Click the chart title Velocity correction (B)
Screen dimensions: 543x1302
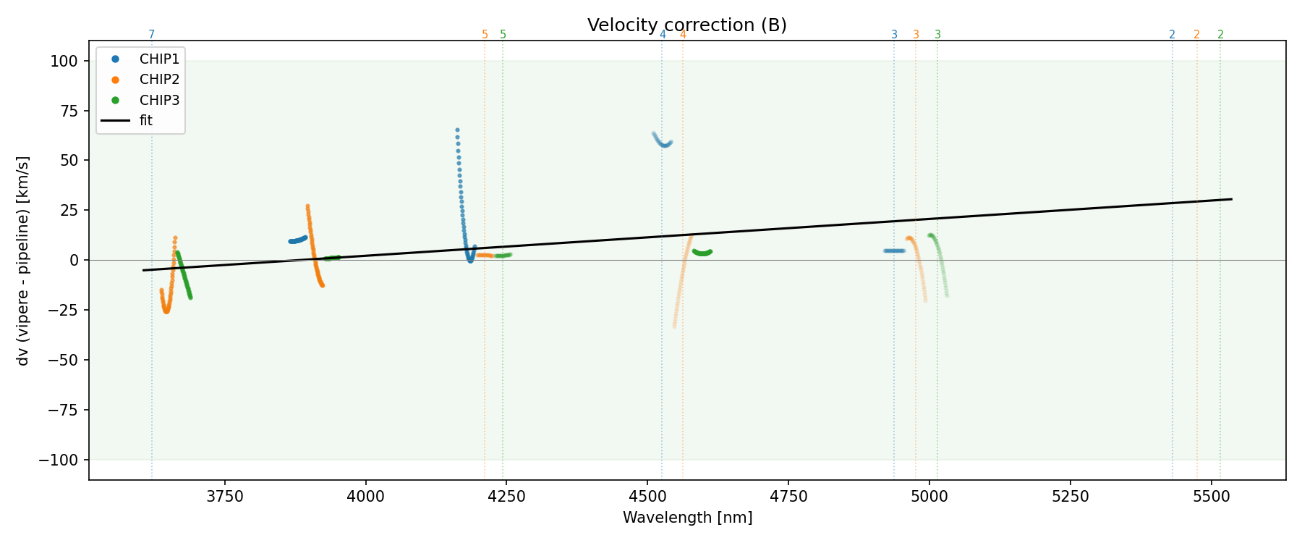(x=686, y=25)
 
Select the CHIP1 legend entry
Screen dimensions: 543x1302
(x=159, y=59)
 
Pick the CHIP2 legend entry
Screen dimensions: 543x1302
(x=159, y=80)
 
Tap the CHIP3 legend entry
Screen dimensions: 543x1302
(x=159, y=100)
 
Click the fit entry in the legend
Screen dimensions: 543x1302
(x=146, y=121)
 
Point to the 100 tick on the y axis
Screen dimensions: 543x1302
(x=64, y=62)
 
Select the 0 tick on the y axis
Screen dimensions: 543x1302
(x=73, y=261)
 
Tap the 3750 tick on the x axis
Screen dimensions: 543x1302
(x=225, y=497)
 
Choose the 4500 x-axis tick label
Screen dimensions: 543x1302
(x=647, y=497)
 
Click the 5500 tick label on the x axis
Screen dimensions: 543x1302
(x=1211, y=497)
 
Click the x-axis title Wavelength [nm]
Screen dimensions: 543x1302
(x=687, y=518)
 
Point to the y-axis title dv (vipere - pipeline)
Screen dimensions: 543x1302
(x=23, y=261)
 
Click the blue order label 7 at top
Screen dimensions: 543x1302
(x=151, y=35)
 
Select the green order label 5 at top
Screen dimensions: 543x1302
(x=503, y=35)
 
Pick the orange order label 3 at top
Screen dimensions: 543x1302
(x=916, y=35)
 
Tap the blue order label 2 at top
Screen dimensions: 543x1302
(x=1172, y=35)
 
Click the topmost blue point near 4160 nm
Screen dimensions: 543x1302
(x=457, y=130)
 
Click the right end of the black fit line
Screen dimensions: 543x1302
(x=1231, y=199)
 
